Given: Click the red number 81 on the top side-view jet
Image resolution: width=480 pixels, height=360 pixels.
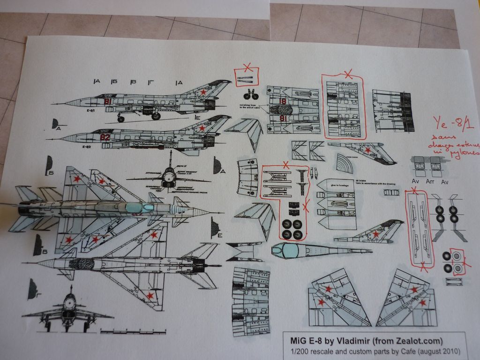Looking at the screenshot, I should [108, 101].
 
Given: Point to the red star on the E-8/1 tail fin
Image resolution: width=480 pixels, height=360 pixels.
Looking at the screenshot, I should [203, 92].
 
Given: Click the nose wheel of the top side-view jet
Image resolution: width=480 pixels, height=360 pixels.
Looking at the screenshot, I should [121, 119].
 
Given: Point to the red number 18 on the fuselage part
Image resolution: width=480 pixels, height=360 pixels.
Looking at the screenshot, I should [283, 101].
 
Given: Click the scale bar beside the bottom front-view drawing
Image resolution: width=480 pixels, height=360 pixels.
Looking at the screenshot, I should [133, 332].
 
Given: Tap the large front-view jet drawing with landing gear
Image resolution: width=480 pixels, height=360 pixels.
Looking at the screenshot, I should [69, 312].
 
